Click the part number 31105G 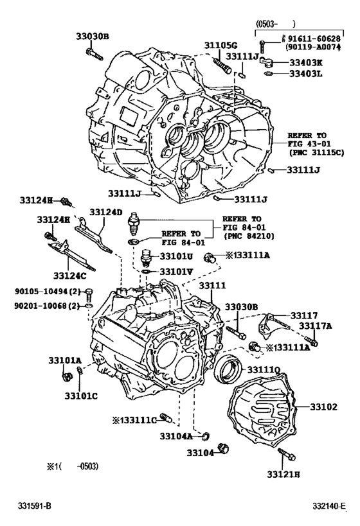221,44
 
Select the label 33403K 306,62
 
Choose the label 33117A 316,326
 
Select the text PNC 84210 250,236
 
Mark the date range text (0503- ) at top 276,24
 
